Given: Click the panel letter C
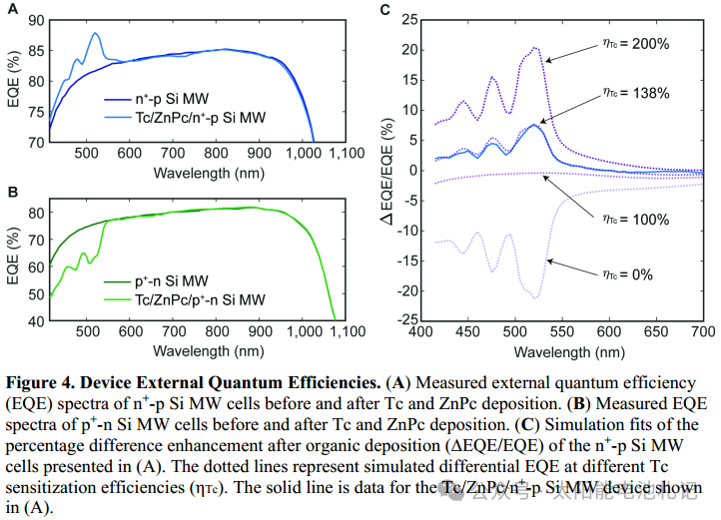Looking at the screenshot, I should pos(385,11).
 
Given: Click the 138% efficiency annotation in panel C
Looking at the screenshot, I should pos(630,93).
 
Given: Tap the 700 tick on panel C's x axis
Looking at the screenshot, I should pos(702,331).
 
